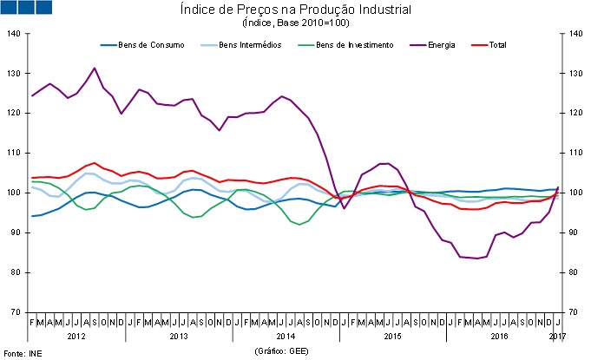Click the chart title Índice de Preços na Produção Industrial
[297, 10]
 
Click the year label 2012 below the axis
[76, 335]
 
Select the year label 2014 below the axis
[286, 335]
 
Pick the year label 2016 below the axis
[498, 335]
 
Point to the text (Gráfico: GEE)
[282, 351]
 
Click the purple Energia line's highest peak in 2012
[94, 68]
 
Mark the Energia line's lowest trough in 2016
[476, 259]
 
